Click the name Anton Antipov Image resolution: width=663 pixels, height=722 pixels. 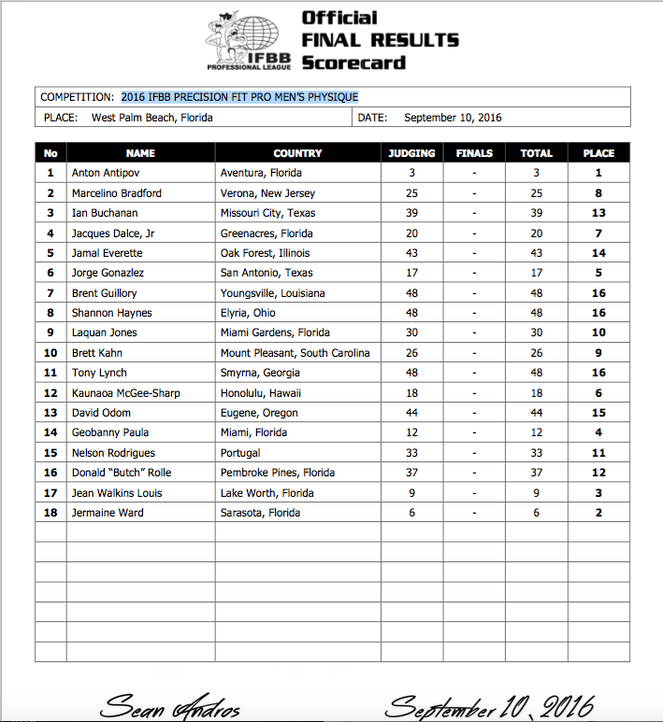103,173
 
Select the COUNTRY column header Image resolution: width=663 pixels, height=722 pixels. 297,153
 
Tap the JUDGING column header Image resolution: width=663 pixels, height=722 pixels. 411,153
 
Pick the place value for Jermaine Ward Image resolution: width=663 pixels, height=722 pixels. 598,513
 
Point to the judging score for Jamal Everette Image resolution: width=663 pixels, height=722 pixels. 411,253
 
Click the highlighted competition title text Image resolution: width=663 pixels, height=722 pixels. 239,97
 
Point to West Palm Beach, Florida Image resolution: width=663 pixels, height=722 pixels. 152,118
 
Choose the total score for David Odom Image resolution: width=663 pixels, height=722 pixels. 537,413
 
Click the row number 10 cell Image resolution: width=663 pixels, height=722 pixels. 50,353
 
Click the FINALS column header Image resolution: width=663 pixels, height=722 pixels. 474,153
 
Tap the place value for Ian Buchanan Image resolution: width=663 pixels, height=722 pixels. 598,213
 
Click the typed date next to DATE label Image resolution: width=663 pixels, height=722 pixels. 453,118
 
